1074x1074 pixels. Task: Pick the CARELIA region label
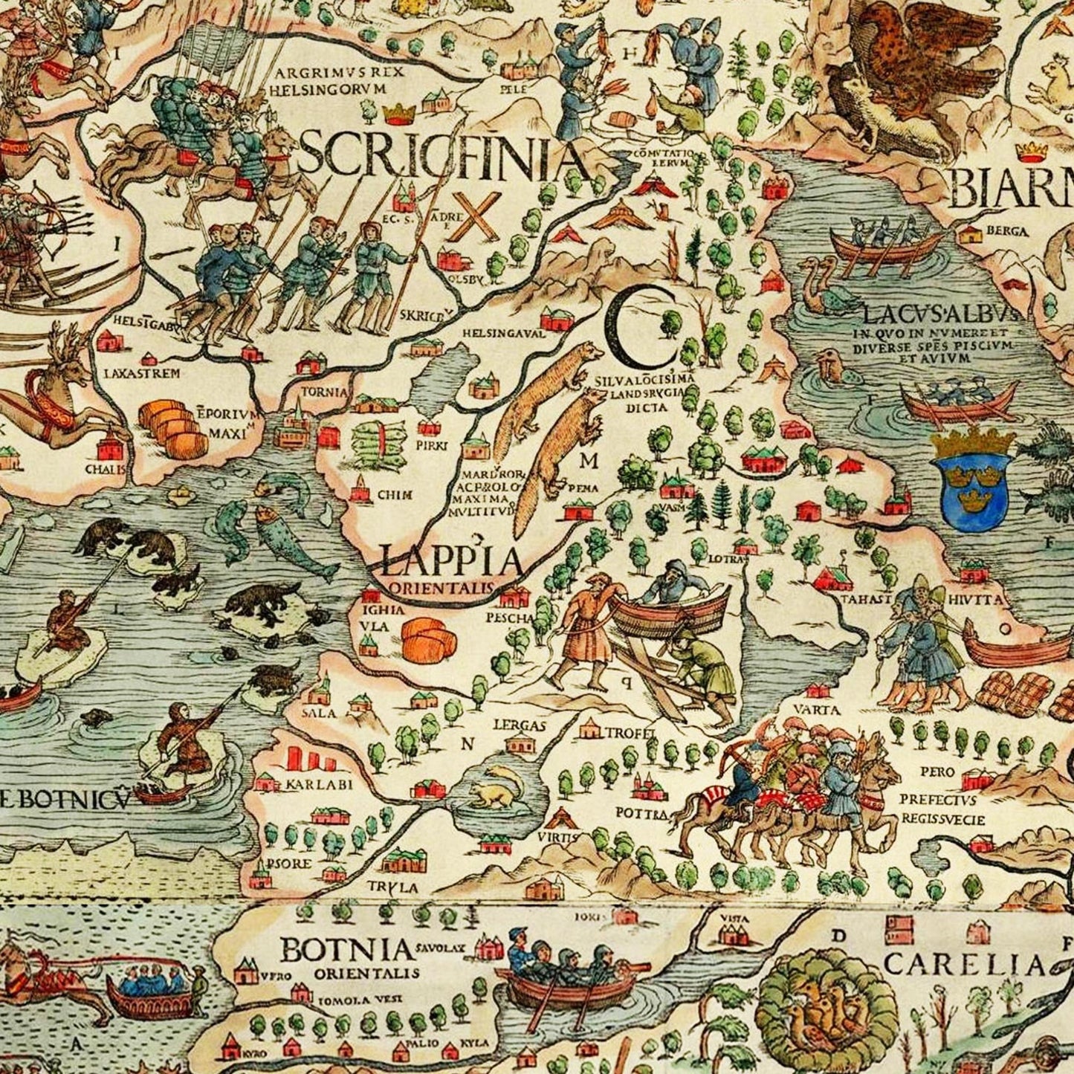964,964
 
